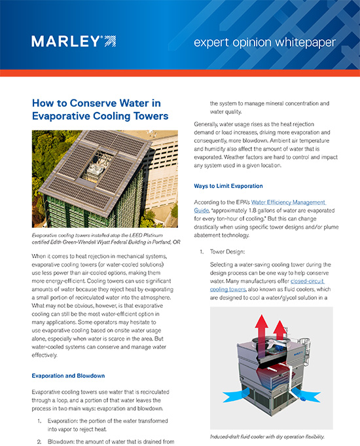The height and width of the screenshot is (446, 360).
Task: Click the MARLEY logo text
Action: [x=66, y=42]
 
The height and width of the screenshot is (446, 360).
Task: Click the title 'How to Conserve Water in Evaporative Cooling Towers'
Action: [x=100, y=109]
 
